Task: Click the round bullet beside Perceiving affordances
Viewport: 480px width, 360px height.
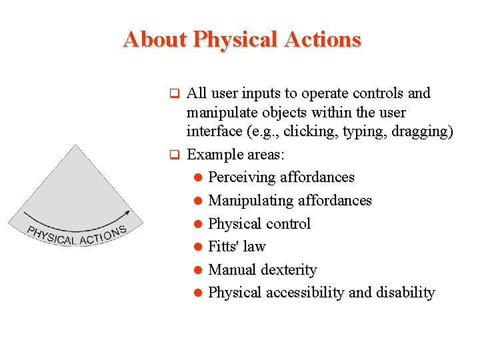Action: click(197, 178)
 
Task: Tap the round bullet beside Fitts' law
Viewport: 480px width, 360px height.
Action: click(197, 247)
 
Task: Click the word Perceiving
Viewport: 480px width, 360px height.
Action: click(242, 177)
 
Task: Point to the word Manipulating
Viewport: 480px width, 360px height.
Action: click(251, 201)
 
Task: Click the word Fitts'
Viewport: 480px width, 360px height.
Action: click(224, 247)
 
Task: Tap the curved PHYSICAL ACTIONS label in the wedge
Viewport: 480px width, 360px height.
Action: click(76, 235)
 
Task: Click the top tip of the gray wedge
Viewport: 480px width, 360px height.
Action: click(79, 146)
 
